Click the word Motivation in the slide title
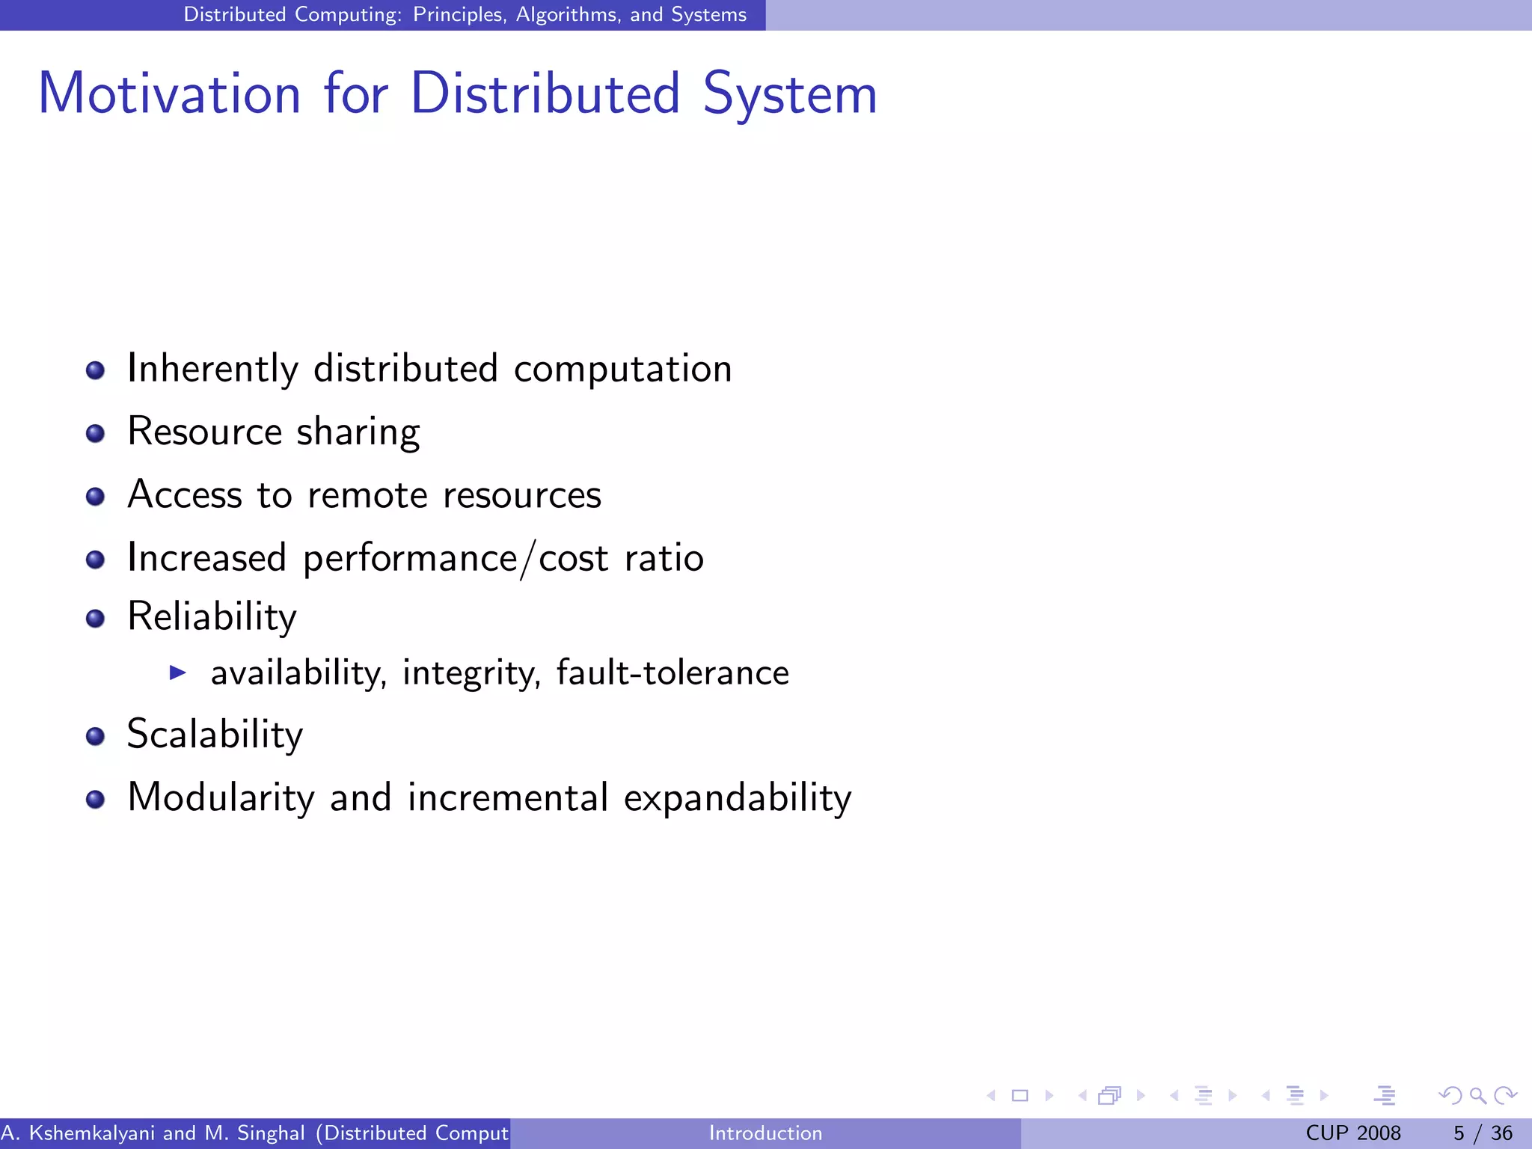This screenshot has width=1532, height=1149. pos(169,94)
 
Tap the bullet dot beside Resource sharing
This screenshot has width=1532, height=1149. pos(95,434)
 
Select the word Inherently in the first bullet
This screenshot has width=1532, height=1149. pos(212,369)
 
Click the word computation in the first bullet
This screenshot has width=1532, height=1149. pos(622,369)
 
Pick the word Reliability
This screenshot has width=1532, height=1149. pos(212,617)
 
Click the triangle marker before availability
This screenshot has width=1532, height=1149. pos(177,672)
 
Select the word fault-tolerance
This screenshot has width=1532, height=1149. pos(672,672)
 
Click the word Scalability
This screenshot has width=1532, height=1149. pos(215,735)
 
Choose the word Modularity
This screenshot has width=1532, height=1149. pos(221,797)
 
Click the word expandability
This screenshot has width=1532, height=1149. pos(737,797)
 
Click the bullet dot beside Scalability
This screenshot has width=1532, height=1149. pos(95,737)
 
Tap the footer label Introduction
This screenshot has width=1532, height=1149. pos(765,1133)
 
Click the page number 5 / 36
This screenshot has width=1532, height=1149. pos(1483,1133)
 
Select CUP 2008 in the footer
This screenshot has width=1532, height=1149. pos(1352,1133)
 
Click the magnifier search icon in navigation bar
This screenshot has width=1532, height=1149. pos(1477,1096)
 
